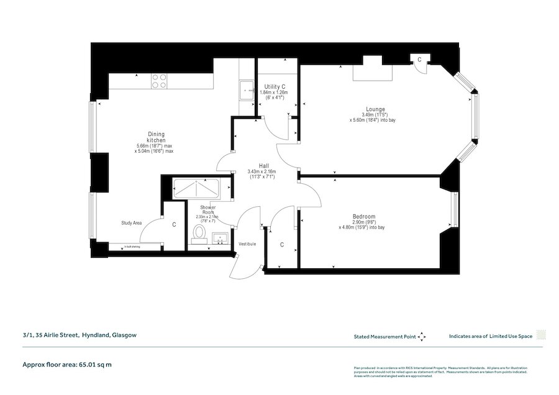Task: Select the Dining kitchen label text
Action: click(157, 137)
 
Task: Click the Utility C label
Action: click(275, 86)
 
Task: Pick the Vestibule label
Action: click(247, 244)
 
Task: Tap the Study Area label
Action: click(132, 222)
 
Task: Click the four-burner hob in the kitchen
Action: click(159, 81)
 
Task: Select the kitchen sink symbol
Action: click(247, 90)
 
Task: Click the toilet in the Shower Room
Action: click(200, 232)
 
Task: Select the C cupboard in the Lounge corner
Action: click(420, 60)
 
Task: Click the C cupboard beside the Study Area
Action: click(174, 225)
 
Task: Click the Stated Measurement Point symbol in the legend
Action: click(422, 336)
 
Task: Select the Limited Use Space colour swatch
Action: click(541, 335)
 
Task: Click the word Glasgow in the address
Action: click(124, 335)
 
